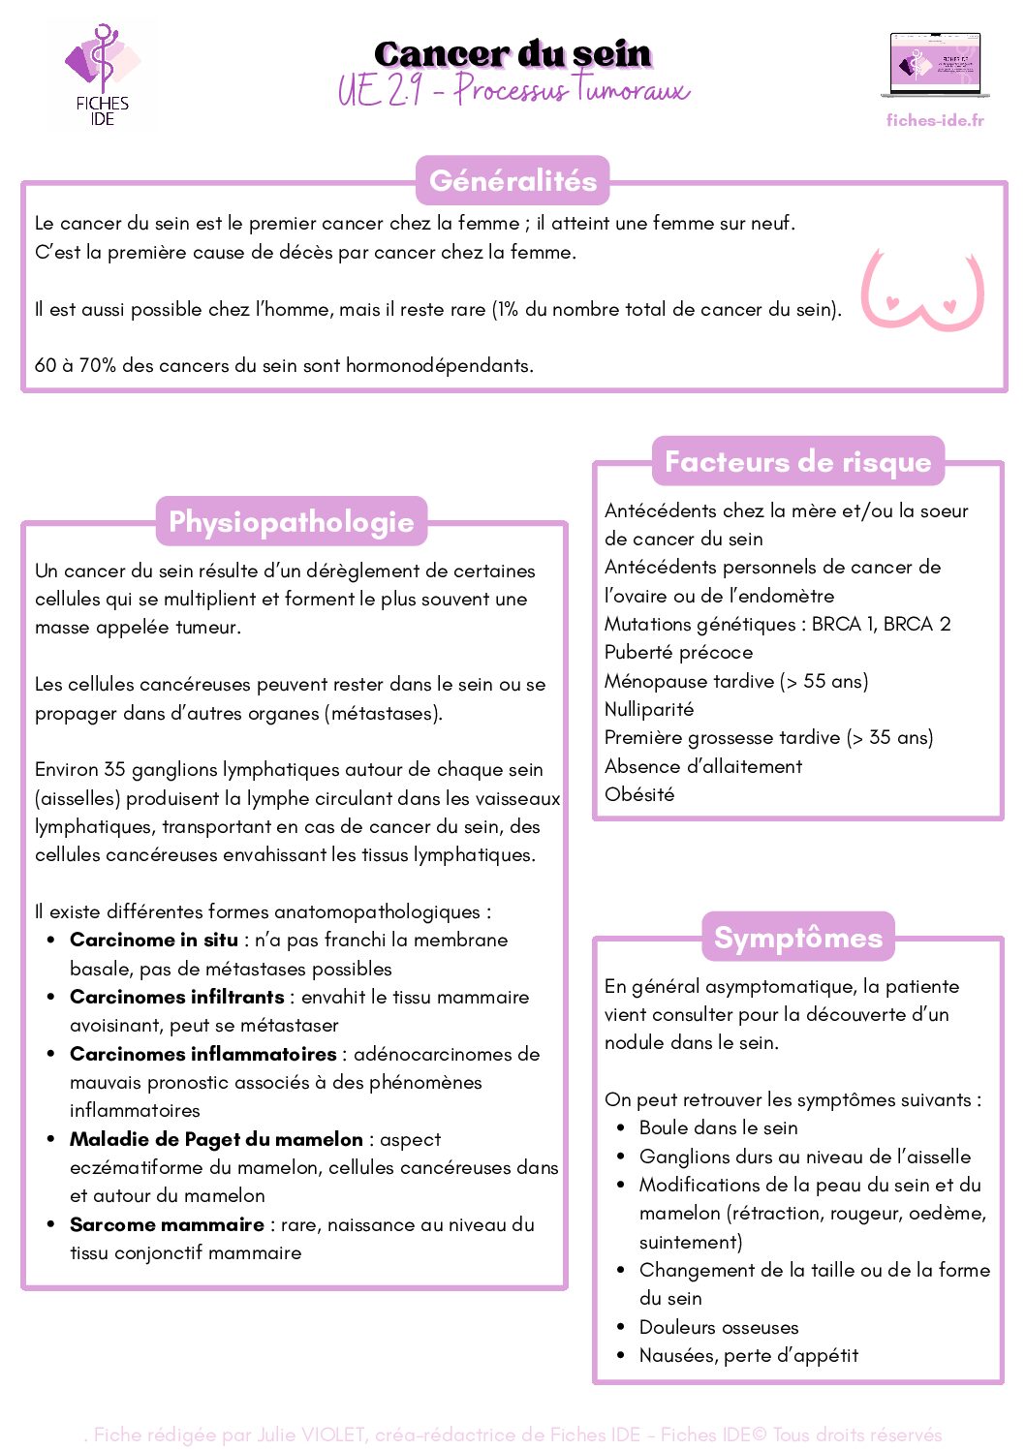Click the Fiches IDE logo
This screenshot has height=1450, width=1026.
[102, 76]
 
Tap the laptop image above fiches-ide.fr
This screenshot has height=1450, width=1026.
[935, 65]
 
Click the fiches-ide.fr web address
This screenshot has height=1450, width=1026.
[935, 120]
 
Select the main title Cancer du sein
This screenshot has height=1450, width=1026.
[513, 54]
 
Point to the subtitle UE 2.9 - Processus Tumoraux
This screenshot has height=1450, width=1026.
[513, 90]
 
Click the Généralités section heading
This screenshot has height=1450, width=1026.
[513, 180]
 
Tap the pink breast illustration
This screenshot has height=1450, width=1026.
[922, 292]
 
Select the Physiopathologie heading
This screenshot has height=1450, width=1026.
[292, 522]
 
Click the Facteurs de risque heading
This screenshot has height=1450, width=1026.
[797, 462]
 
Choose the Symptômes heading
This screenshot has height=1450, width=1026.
[797, 938]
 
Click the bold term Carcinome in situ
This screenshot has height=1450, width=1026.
[154, 940]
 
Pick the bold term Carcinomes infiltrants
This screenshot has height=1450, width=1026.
[177, 997]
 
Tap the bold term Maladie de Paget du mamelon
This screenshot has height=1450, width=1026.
[216, 1139]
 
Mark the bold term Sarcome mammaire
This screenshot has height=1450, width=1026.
[167, 1224]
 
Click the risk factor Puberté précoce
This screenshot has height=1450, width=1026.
[678, 652]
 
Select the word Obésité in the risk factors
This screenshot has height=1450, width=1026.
[639, 794]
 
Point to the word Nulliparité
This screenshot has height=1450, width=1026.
[649, 709]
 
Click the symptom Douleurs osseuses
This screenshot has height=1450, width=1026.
[719, 1327]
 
